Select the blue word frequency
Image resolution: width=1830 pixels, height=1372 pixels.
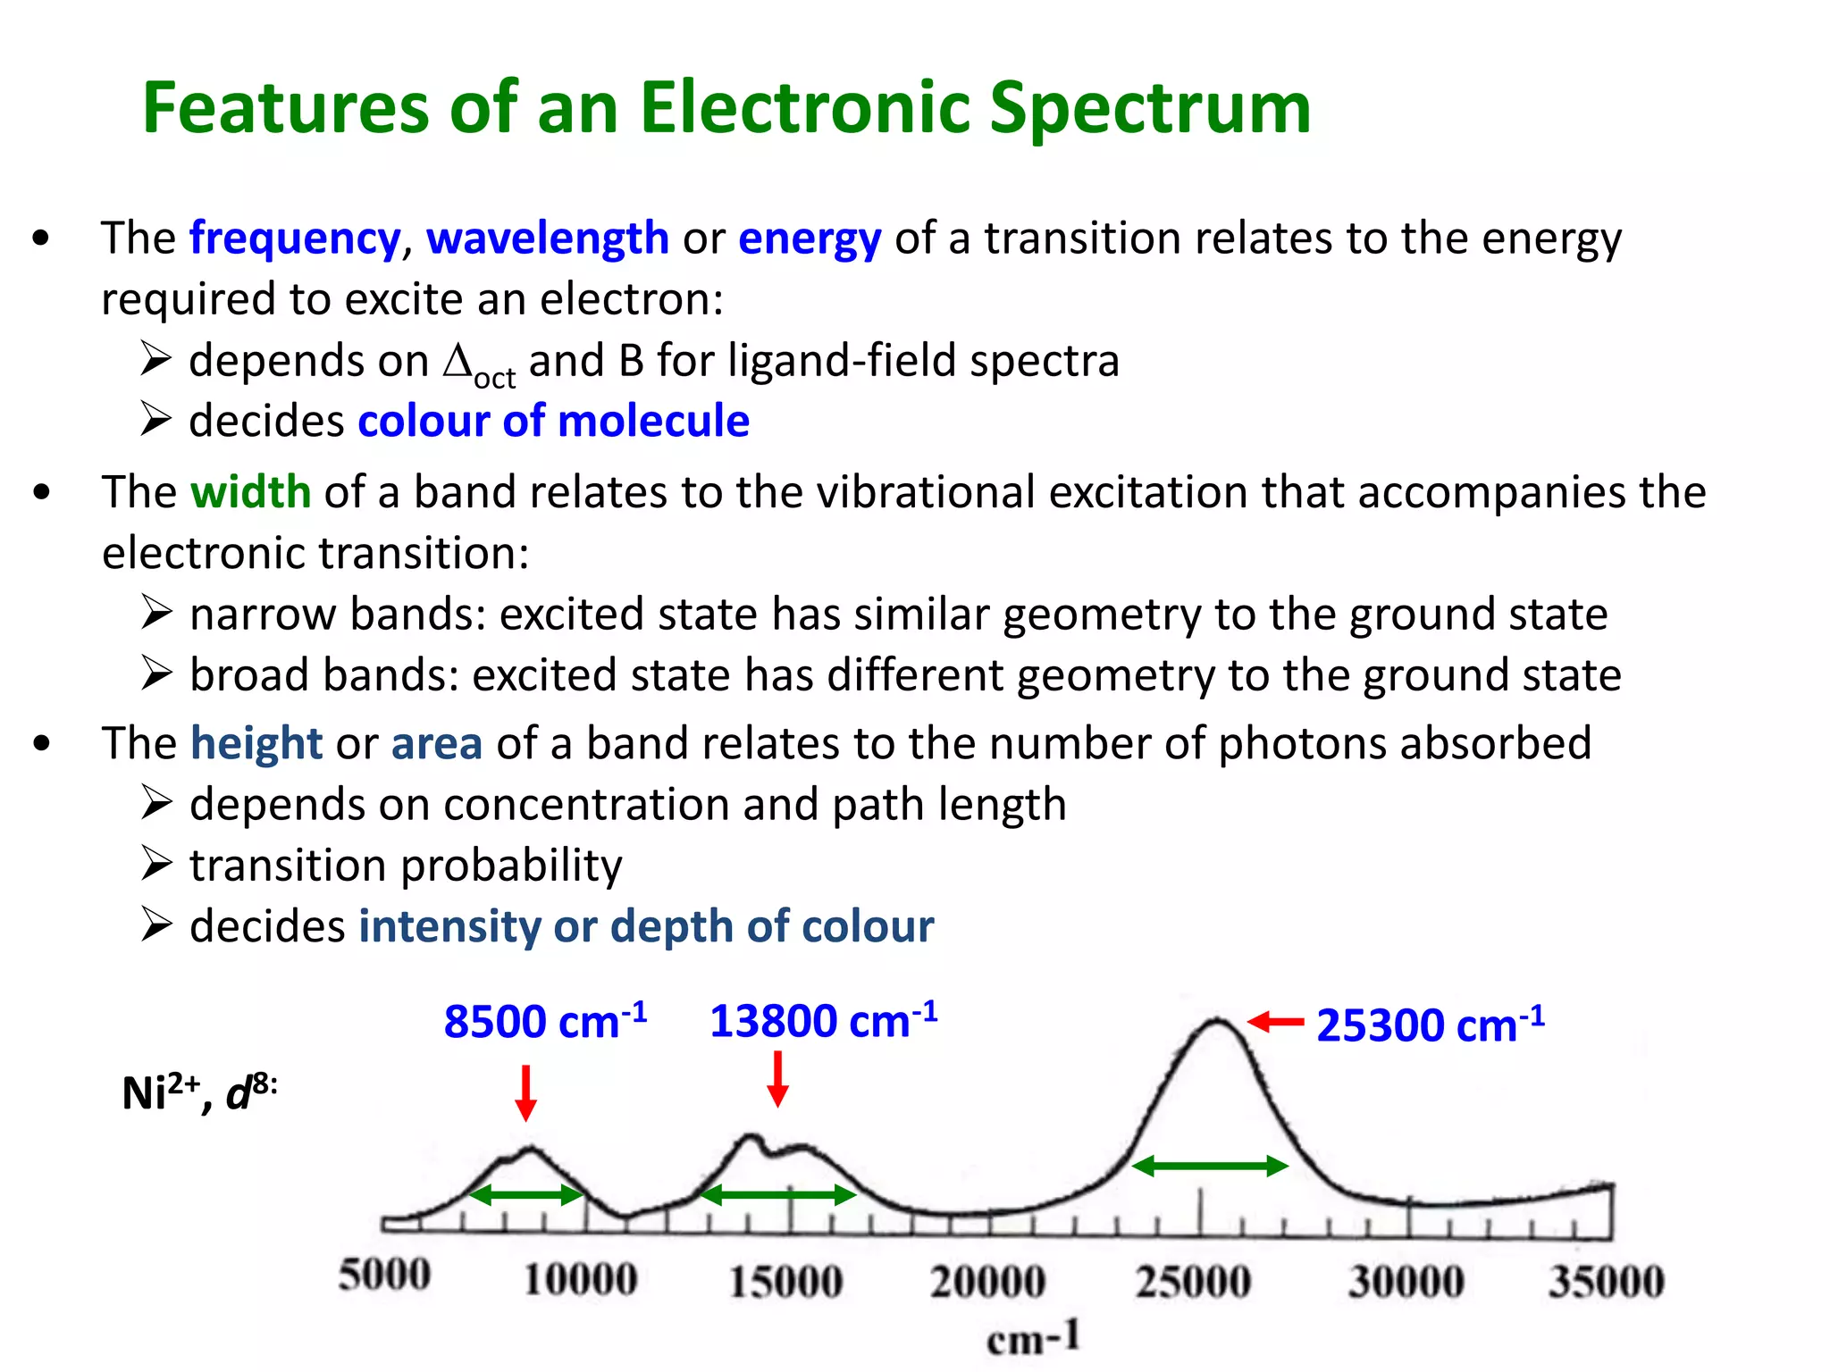[x=295, y=238]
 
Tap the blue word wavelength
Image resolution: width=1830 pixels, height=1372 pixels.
[x=547, y=238]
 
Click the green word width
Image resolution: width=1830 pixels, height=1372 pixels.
[x=250, y=492]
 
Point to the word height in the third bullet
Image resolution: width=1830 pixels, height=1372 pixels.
[x=256, y=743]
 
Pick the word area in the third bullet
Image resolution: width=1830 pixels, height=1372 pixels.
[x=437, y=743]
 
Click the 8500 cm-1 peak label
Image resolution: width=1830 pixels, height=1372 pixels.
[x=544, y=1021]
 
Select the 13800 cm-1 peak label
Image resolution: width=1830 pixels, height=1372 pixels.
[x=822, y=1020]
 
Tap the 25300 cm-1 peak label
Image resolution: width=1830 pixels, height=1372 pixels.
[x=1429, y=1025]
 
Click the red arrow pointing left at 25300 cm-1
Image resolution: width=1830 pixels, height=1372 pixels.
[x=1275, y=1022]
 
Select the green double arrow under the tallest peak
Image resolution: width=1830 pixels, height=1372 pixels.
[x=1210, y=1166]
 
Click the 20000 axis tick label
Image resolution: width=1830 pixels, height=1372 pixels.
[x=987, y=1282]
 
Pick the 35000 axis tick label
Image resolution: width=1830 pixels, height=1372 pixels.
[x=1606, y=1282]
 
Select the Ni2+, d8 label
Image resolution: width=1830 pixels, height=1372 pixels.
[x=198, y=1092]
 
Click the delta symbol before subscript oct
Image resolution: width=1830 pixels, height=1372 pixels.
[x=457, y=361]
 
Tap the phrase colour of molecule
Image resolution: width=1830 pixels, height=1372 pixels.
[x=553, y=421]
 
